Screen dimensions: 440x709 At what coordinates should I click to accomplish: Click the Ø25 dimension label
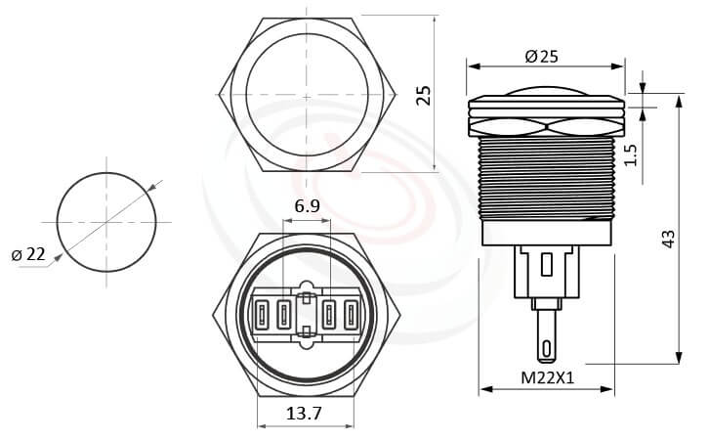[542, 57]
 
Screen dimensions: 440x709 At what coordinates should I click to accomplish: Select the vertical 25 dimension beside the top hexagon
[423, 95]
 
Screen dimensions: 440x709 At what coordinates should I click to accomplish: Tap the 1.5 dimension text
[631, 154]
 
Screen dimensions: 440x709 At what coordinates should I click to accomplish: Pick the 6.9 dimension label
[306, 206]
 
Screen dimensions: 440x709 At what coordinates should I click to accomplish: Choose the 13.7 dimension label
[306, 414]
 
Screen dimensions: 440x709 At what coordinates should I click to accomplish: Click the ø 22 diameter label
[29, 255]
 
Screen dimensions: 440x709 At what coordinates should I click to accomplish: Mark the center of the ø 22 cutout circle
[106, 218]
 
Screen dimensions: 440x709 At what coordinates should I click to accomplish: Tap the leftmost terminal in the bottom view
[263, 315]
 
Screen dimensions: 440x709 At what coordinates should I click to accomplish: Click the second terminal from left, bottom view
[283, 315]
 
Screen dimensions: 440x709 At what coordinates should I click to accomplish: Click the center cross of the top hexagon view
[306, 97]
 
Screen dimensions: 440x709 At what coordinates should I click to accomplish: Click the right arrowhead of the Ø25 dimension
[620, 67]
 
